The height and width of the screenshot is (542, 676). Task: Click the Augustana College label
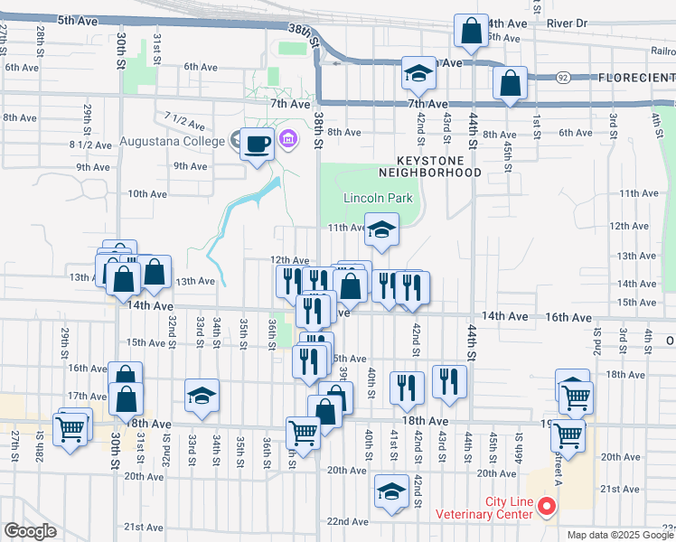pos(171,143)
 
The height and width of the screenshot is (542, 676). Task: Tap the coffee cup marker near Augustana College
pos(258,144)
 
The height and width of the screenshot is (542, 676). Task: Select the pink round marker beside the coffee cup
pos(288,139)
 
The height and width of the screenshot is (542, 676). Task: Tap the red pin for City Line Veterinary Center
pos(546,507)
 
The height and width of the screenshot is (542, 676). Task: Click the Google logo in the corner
pos(29,530)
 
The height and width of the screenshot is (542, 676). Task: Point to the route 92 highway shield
pos(563,79)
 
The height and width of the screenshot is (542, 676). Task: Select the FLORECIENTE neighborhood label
pos(635,79)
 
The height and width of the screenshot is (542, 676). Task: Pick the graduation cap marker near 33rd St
pos(202,396)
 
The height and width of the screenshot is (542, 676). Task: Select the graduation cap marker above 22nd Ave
pos(391,492)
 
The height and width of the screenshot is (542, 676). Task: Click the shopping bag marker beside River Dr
pos(471,32)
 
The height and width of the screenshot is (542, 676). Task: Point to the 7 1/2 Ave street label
pos(180,118)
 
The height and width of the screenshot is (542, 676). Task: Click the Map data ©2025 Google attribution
pos(619,535)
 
